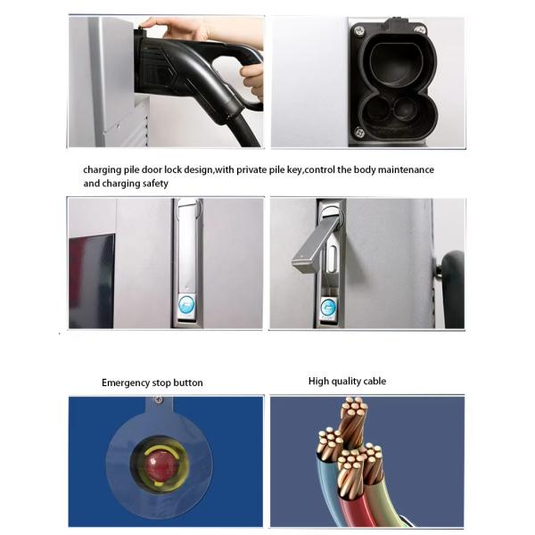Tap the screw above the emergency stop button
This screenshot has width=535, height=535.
[x=158, y=399]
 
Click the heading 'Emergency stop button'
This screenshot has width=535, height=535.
[x=152, y=383]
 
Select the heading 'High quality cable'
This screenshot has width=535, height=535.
[x=347, y=381]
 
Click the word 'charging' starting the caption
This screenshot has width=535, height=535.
[x=102, y=170]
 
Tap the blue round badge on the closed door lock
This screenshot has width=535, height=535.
[x=186, y=305]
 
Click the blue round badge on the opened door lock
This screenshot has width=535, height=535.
[x=329, y=307]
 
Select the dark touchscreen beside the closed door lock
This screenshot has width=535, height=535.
[x=92, y=281]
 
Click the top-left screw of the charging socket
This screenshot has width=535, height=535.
[x=359, y=31]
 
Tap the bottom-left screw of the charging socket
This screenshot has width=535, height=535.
[x=359, y=131]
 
